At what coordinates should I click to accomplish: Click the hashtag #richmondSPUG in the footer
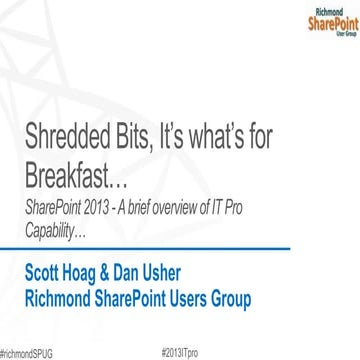25,353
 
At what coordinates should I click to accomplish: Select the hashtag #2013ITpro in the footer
180,353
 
